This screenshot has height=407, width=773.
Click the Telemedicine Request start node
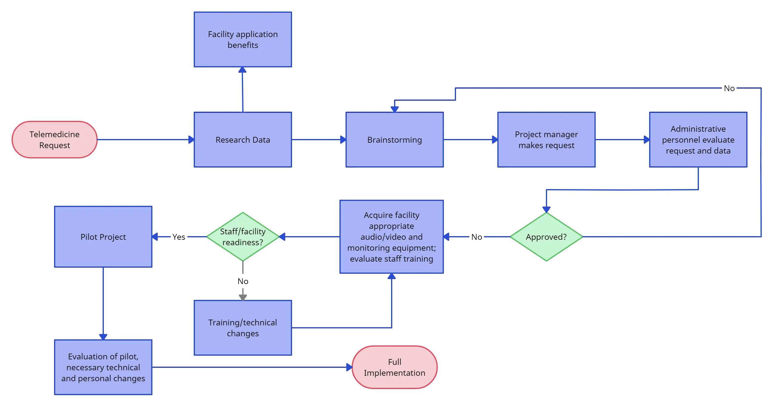[x=55, y=140]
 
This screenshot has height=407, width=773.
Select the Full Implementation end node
[x=394, y=367]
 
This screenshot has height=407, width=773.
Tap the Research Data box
[x=243, y=140]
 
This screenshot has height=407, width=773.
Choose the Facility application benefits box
[x=243, y=39]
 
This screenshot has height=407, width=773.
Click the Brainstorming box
[x=394, y=140]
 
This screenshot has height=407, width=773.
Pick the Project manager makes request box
[x=546, y=140]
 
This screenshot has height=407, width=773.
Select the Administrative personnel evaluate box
[x=698, y=140]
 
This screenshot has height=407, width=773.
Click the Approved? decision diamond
[x=546, y=237]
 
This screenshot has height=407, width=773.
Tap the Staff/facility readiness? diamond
[x=243, y=237]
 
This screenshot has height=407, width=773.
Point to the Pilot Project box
[x=103, y=237]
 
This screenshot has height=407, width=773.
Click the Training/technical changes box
[x=243, y=328]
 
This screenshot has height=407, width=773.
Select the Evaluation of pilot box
[x=103, y=367]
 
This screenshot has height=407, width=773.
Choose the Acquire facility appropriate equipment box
[x=391, y=237]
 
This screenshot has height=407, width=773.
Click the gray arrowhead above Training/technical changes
[x=243, y=295]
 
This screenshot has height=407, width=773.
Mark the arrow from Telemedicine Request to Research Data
[x=143, y=140]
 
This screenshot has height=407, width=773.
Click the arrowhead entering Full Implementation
[x=349, y=368]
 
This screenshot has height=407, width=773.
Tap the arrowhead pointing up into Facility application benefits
[x=242, y=70]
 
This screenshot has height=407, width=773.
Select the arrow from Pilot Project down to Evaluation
[x=103, y=304]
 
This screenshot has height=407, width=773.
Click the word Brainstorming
[x=394, y=140]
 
